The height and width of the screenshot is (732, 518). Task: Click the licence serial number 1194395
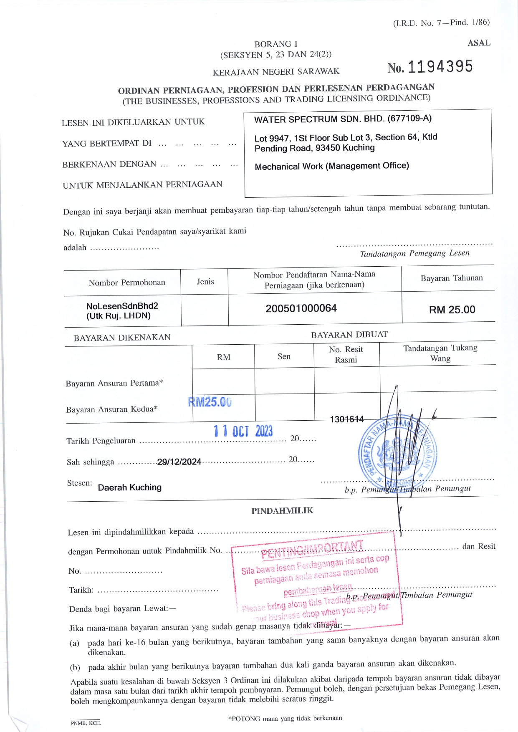pyautogui.click(x=440, y=67)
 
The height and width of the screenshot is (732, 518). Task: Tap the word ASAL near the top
pyautogui.click(x=479, y=43)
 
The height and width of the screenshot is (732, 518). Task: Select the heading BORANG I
pyautogui.click(x=276, y=44)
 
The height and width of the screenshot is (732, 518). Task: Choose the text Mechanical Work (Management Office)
pyautogui.click(x=332, y=166)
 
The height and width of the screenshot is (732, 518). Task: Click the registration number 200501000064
pyautogui.click(x=301, y=308)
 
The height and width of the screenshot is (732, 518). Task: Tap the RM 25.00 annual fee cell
pyautogui.click(x=452, y=310)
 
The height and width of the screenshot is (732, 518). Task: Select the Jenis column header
pyautogui.click(x=205, y=282)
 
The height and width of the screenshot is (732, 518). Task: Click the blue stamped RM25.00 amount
pyautogui.click(x=210, y=402)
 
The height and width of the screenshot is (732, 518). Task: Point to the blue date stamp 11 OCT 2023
pyautogui.click(x=243, y=431)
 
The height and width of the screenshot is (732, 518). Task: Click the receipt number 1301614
pyautogui.click(x=347, y=419)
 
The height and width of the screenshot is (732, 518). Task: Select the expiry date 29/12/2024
pyautogui.click(x=179, y=462)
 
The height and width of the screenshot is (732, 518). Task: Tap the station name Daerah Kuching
pyautogui.click(x=129, y=487)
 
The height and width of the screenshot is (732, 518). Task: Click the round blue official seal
pyautogui.click(x=397, y=452)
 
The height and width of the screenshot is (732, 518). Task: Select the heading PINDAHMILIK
pyautogui.click(x=282, y=511)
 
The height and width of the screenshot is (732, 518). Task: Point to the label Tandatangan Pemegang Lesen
pyautogui.click(x=414, y=253)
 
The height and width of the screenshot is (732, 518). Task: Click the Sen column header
pyautogui.click(x=284, y=356)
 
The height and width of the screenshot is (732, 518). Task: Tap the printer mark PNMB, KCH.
pyautogui.click(x=86, y=723)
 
